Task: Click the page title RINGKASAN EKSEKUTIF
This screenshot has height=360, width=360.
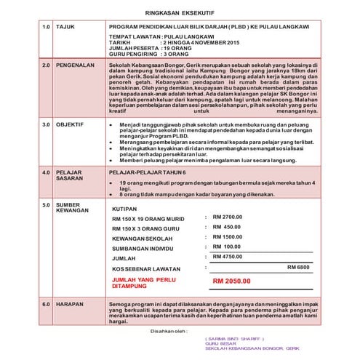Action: (180, 12)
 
